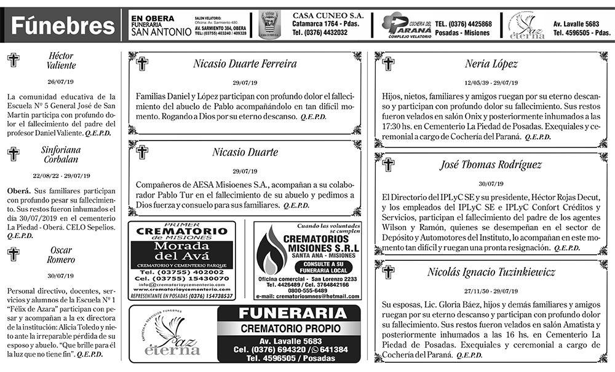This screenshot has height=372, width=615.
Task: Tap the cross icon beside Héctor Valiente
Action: point(13,60)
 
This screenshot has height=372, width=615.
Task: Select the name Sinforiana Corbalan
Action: point(60,154)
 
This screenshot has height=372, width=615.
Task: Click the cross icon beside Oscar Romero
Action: point(13,254)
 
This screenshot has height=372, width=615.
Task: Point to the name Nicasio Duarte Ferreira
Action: point(245,64)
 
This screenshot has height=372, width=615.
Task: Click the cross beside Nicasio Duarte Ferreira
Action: point(143,64)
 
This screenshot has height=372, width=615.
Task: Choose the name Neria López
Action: point(491,64)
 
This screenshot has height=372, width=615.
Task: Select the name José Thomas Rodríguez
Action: point(491,165)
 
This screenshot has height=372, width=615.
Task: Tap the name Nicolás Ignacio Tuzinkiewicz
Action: point(491,272)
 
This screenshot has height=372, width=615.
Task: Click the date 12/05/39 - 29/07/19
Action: point(491,83)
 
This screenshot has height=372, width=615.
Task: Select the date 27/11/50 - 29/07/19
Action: point(491,291)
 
